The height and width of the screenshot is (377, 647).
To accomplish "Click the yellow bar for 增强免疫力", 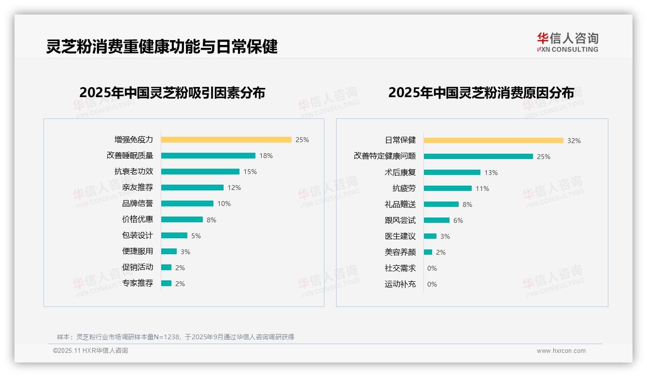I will (x=226, y=140).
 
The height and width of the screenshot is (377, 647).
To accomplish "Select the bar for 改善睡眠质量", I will (x=208, y=156).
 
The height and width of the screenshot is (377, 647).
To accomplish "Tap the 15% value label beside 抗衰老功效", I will (x=250, y=172).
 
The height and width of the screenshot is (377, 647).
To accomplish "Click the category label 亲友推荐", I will (x=138, y=188).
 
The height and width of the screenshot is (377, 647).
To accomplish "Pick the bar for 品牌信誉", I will (x=187, y=203).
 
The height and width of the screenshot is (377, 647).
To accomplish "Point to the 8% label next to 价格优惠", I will (x=211, y=220).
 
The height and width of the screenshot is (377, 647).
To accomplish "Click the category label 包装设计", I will (x=138, y=235).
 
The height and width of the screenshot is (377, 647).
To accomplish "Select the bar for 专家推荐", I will (x=167, y=283).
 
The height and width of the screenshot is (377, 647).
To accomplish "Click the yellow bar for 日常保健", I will (x=493, y=141).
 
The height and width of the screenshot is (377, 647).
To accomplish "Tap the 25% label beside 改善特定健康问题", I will (x=544, y=157).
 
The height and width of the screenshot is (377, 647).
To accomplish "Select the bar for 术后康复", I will (x=452, y=173).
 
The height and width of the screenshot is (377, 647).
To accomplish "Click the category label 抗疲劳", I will (x=404, y=188).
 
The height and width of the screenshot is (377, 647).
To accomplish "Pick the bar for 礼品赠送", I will (x=441, y=204).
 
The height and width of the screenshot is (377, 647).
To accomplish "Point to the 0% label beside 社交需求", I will (x=432, y=268).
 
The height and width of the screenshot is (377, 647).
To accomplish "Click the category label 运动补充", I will (x=400, y=284).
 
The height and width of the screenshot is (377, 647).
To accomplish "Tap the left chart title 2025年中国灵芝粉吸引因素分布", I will (x=172, y=92).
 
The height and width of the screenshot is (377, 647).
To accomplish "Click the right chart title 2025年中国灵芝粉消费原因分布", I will (x=481, y=92).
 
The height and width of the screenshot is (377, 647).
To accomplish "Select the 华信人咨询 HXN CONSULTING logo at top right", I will (x=567, y=43).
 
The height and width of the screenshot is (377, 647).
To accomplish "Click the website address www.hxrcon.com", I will (x=561, y=351).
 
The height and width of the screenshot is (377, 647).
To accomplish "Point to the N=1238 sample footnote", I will (x=175, y=337).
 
